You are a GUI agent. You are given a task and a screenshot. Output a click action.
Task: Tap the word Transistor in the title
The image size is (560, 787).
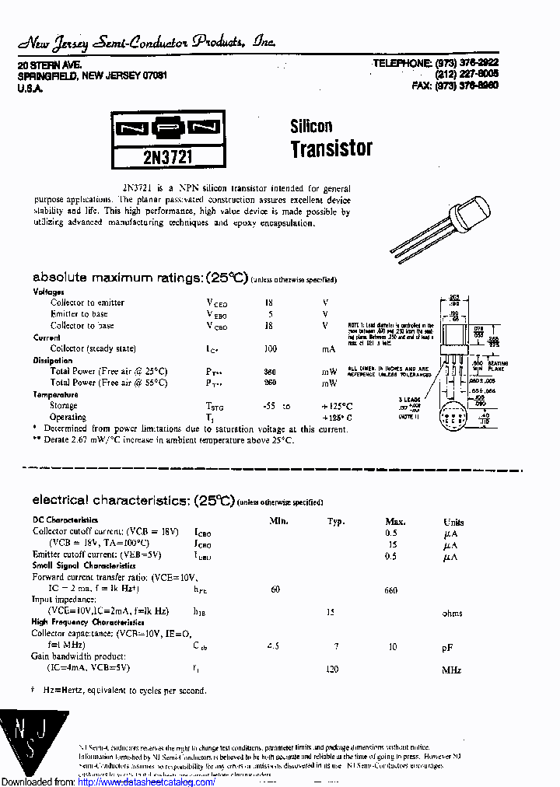(x=331, y=149)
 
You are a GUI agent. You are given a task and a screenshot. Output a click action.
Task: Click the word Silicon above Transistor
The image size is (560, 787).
(x=311, y=126)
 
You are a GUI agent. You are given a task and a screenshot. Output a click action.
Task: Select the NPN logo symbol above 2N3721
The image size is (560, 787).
(x=168, y=128)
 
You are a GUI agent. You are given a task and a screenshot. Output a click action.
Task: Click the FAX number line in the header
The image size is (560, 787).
(x=455, y=86)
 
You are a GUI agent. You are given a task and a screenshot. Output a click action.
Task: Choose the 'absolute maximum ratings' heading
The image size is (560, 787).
(x=140, y=278)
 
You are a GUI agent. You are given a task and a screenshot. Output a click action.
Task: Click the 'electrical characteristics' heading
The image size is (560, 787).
(x=133, y=500)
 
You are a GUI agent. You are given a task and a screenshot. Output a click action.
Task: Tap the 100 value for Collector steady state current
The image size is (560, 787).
(x=270, y=348)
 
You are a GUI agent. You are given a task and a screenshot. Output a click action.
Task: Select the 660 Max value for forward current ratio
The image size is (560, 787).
(x=390, y=590)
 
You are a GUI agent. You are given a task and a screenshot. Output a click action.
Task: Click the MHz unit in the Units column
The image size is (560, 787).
(x=452, y=670)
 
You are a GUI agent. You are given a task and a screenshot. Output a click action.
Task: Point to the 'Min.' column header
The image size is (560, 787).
(x=279, y=521)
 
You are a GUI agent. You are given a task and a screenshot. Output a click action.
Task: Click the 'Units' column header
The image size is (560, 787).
(x=453, y=522)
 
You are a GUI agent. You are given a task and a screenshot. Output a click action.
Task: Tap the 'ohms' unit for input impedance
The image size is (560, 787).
(x=452, y=613)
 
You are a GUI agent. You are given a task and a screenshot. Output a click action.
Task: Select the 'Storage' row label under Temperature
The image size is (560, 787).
(x=64, y=405)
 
